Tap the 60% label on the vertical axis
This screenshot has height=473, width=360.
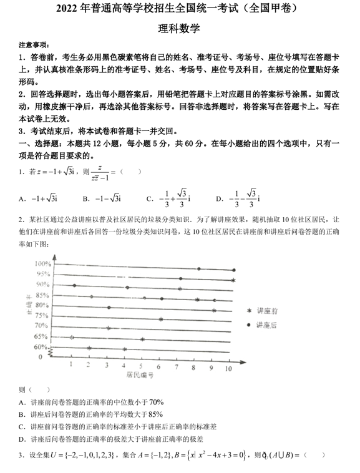40,347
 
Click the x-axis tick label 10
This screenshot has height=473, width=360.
228,369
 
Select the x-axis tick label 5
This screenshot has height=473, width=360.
141,366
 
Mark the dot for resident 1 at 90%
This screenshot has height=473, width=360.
74,285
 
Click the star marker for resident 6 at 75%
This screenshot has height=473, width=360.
161,319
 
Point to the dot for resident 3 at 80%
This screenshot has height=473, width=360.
109,308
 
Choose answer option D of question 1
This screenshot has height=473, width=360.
238,198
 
